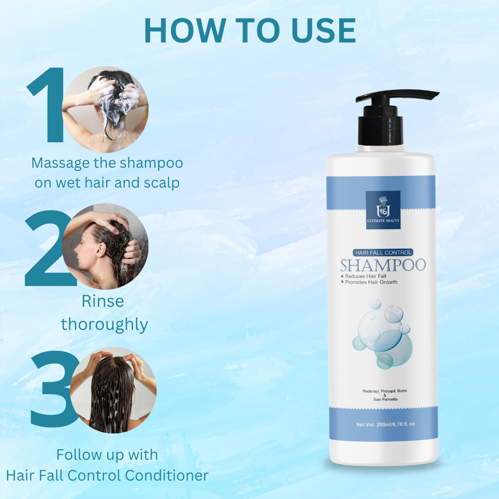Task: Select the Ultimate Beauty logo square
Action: tap(383, 210)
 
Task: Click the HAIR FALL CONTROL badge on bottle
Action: tap(383, 252)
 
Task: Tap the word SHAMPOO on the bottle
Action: tap(383, 266)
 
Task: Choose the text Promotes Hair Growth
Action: tap(370, 282)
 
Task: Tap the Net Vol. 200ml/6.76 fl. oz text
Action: tap(385, 424)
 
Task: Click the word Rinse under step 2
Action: tap(102, 301)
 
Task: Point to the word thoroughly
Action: tap(104, 324)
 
